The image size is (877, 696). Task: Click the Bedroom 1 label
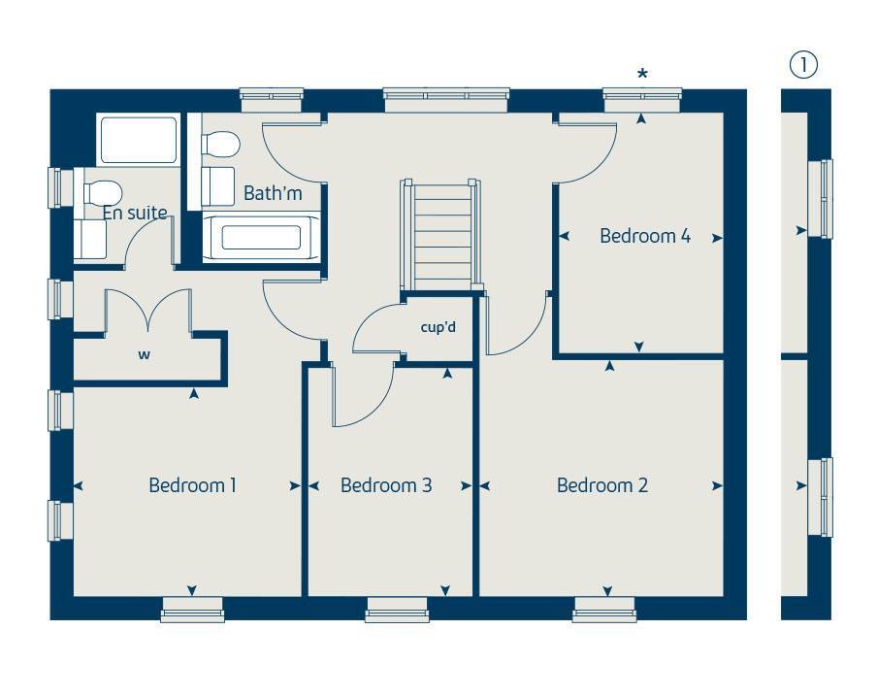(x=192, y=485)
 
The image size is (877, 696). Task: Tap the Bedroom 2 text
(x=601, y=485)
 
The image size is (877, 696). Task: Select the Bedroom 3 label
(x=386, y=485)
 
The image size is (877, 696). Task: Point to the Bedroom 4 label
(x=645, y=236)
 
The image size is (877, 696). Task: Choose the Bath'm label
(x=273, y=194)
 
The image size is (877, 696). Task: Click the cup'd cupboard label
(x=438, y=327)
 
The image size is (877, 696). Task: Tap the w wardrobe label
(x=144, y=355)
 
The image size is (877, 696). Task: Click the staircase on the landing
(x=442, y=236)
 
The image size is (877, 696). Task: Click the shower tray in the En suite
(x=138, y=141)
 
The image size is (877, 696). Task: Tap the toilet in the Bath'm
(x=220, y=145)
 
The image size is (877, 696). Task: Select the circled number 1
(x=803, y=65)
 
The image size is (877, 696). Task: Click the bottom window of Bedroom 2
(x=603, y=609)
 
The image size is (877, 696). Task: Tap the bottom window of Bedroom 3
(x=397, y=609)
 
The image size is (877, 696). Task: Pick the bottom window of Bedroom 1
(x=192, y=609)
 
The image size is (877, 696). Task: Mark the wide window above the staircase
(x=446, y=95)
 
